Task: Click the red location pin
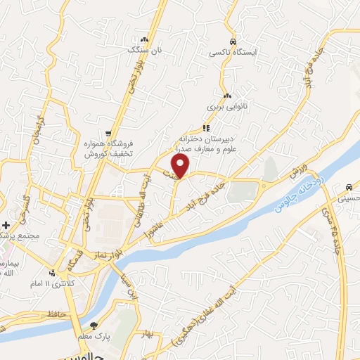pos(181,166)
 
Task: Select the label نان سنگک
pos(143,51)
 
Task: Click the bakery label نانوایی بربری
pos(224,108)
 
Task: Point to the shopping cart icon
pos(108,131)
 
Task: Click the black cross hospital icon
pos(6,225)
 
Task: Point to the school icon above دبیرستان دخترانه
pos(206,128)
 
